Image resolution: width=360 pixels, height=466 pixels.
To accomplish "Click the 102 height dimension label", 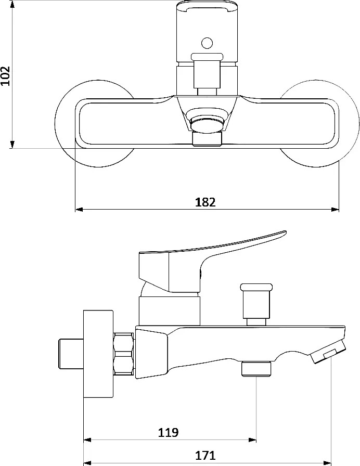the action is click(x=5, y=75).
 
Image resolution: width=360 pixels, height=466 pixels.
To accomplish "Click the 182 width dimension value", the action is click(x=205, y=202).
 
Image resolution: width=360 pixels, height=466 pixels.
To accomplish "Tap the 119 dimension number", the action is click(x=168, y=432).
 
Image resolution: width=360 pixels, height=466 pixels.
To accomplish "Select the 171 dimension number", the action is click(x=205, y=455).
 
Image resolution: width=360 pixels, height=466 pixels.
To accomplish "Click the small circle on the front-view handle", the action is click(x=207, y=43).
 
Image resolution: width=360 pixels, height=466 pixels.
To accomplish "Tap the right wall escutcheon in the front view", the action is click(x=346, y=123).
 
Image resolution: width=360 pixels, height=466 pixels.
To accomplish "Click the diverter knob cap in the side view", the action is click(x=256, y=287).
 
